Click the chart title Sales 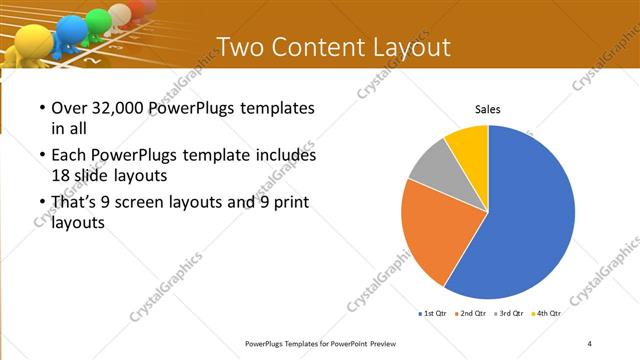[487, 109]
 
